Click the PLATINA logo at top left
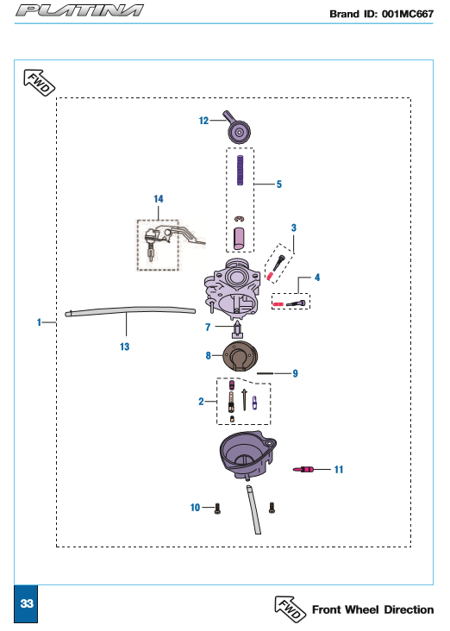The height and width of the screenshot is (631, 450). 79,10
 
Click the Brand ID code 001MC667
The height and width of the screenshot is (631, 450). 408,14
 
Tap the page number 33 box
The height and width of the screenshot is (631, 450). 26,603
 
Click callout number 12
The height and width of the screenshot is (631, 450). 203,121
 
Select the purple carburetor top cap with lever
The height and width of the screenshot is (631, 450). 237,128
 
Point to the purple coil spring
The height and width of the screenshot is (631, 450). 241,170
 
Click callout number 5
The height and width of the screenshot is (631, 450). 279,184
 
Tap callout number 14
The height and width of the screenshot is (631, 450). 158,199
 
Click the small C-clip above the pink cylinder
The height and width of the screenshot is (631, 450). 240,218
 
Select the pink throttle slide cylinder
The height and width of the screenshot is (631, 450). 239,238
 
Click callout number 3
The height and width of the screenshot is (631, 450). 294,228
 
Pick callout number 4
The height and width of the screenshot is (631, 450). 317,278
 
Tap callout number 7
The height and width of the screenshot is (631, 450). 208,328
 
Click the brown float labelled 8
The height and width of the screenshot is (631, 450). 241,356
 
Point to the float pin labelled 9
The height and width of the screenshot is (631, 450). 265,373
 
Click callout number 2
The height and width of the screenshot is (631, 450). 201,401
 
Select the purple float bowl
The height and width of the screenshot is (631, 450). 247,455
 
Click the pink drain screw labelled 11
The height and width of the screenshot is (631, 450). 303,469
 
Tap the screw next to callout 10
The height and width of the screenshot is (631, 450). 217,509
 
